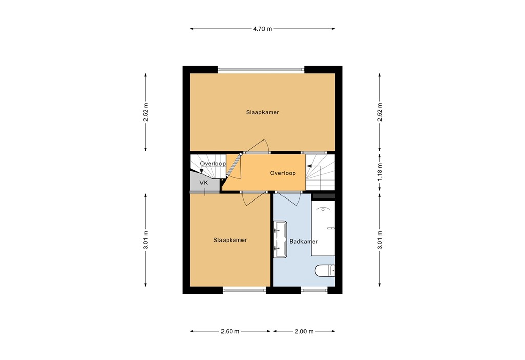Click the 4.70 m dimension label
[262, 29]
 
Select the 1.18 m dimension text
[380, 173]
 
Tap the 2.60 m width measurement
[230, 331]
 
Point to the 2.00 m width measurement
[304, 331]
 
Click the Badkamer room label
[304, 241]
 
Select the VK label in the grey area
[204, 183]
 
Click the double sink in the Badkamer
[280, 238]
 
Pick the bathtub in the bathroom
[323, 228]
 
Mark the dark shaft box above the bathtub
[323, 196]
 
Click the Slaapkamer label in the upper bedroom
[262, 112]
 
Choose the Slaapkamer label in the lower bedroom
[230, 240]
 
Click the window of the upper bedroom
[261, 70]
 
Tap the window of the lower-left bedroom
[244, 290]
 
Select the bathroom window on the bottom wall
[314, 290]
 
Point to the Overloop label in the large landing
[283, 173]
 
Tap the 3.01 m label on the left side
[146, 241]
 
